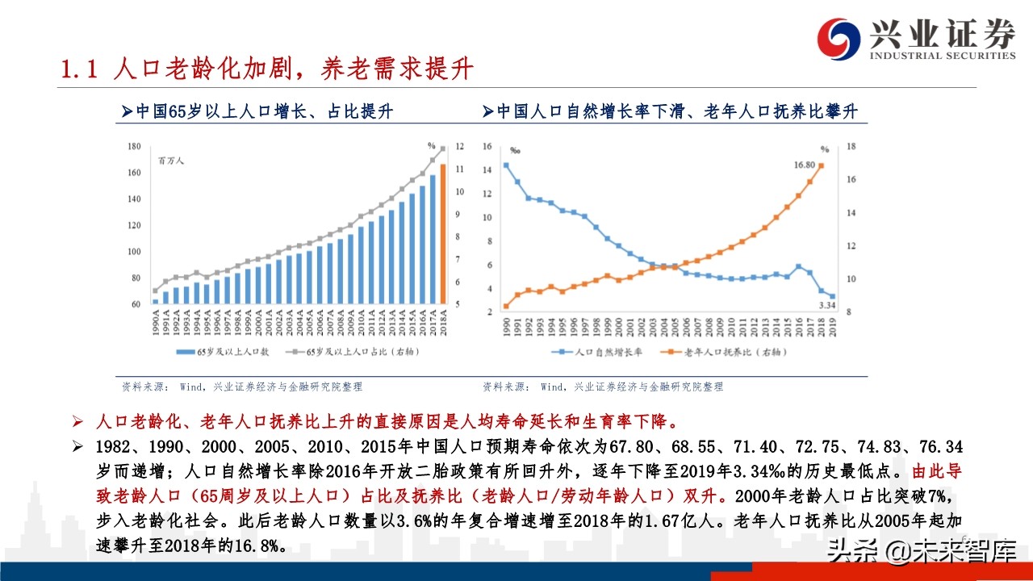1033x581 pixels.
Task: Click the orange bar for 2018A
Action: point(442,234)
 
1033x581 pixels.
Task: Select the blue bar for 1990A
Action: point(155,301)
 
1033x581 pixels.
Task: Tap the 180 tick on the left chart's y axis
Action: point(134,146)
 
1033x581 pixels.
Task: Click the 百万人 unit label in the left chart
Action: point(171,161)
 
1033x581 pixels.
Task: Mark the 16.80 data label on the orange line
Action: point(805,164)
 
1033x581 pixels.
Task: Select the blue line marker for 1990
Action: point(506,165)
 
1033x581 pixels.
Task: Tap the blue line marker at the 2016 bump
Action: point(798,266)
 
